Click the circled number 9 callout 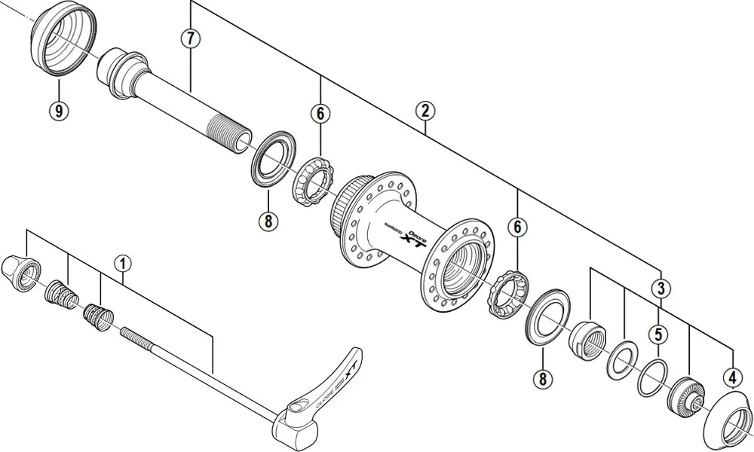[59, 111]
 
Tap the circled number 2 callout [425, 111]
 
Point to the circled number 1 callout [123, 264]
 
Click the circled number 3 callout [661, 288]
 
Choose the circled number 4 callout [732, 376]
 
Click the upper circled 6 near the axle [320, 114]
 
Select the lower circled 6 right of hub [517, 227]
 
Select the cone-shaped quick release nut [20, 270]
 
